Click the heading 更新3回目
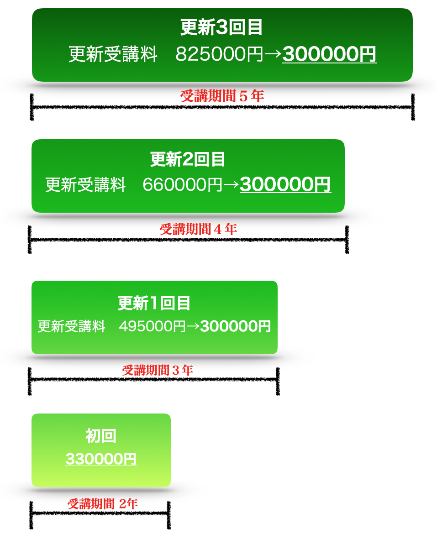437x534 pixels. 222,28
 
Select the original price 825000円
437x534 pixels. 219,54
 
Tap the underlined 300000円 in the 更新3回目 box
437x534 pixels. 329,54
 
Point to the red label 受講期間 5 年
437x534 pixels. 222,96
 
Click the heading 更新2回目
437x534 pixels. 188,159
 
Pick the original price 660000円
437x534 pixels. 182,185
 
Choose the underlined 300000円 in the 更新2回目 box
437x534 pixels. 285,185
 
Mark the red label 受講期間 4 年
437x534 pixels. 198,229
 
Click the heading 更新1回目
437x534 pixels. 154,303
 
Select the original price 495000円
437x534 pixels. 152,327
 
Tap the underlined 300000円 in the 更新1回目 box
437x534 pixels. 235,326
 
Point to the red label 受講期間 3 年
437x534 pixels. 158,370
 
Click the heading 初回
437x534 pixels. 101,436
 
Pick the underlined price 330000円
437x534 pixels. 101,459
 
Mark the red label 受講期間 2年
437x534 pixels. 102,504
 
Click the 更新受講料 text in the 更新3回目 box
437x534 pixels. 113,54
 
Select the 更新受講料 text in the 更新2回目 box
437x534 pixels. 85,185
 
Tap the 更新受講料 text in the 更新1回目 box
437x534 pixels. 71,327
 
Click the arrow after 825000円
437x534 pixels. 273,54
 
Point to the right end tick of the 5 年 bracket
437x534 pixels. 413,107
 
